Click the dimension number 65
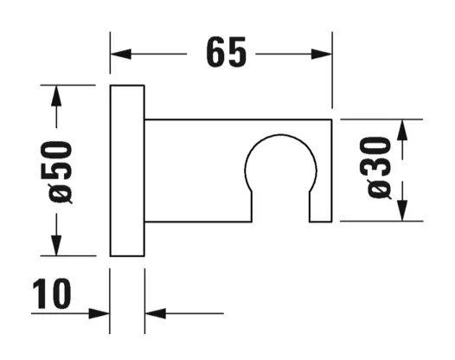pos(227,52)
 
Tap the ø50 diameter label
pos(61,172)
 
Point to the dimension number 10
pos(52,294)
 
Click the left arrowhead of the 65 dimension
pos(120,54)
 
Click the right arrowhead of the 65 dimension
pos(321,54)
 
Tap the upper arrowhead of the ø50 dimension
pos(56,96)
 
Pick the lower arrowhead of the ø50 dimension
pos(56,246)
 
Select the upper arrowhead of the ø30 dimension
pos(402,130)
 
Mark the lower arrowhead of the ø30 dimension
pos(402,210)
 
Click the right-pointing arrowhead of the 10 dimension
pos(99,313)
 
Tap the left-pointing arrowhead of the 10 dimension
pos(155,313)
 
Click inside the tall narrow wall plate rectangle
pos(127,170)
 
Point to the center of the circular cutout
pos(280,170)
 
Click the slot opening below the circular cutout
pos(280,207)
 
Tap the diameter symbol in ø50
pos(60,194)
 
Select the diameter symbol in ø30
pos(379,190)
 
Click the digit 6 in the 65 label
pos(215,52)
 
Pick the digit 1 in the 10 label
pos(40,294)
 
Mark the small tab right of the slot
pos(321,207)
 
